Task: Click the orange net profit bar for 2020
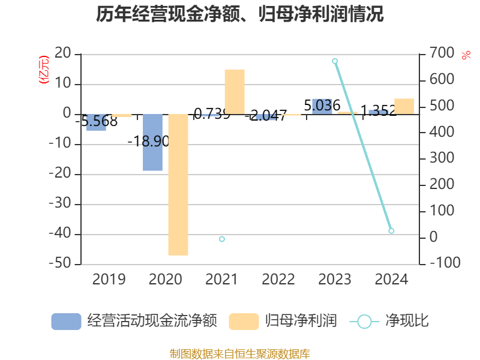coord(178,185)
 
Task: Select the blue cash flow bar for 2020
coord(152,143)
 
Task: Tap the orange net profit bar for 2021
coord(235,91)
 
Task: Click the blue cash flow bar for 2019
coord(96,122)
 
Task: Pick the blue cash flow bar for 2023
coord(322,106)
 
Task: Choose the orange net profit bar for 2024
coord(404,106)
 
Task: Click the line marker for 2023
coord(335,61)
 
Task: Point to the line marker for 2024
coord(391,231)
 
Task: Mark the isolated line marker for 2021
coord(222,239)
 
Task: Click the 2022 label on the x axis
coord(278,280)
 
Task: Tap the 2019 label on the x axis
coord(109,280)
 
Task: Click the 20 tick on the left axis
coord(63,54)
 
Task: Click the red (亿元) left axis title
coord(43,70)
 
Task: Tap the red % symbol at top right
coord(466,55)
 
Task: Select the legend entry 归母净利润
coord(283,321)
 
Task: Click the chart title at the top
coord(240,14)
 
